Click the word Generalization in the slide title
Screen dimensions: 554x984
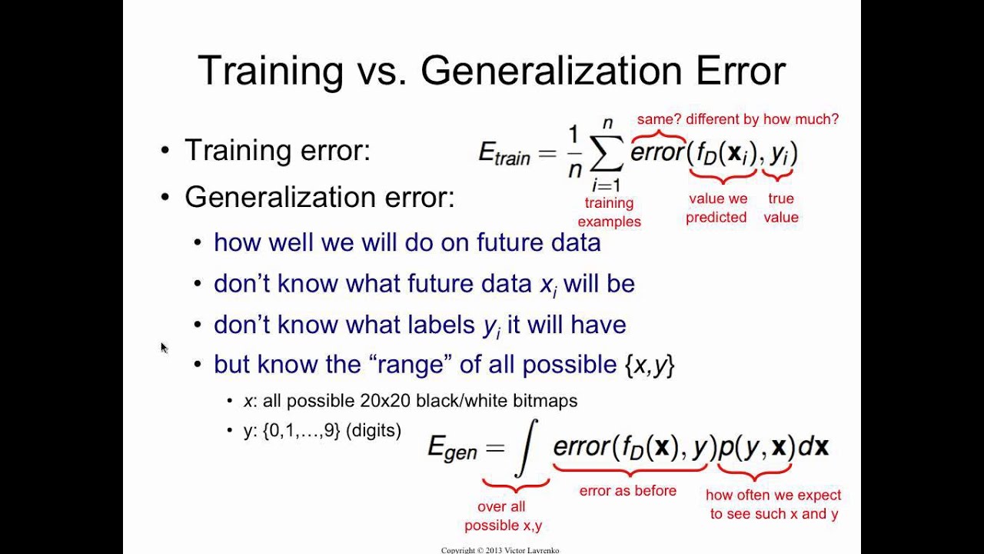(551, 71)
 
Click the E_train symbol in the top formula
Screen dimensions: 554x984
(504, 154)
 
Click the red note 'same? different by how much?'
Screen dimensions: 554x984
(737, 119)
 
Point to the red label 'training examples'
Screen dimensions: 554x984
(609, 212)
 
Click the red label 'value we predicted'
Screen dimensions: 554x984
(716, 208)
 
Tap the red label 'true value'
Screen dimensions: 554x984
(780, 208)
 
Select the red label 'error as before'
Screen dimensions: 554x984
(627, 491)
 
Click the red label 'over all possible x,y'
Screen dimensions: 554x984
(504, 516)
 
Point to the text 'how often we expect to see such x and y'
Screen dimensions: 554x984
(773, 504)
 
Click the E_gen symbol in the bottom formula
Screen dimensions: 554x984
(452, 448)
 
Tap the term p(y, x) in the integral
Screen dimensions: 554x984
(756, 447)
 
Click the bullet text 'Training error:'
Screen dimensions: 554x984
(277, 150)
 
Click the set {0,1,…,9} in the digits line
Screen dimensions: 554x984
(301, 431)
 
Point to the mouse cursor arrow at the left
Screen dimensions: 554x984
(164, 348)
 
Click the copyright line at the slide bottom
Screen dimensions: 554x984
(500, 550)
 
